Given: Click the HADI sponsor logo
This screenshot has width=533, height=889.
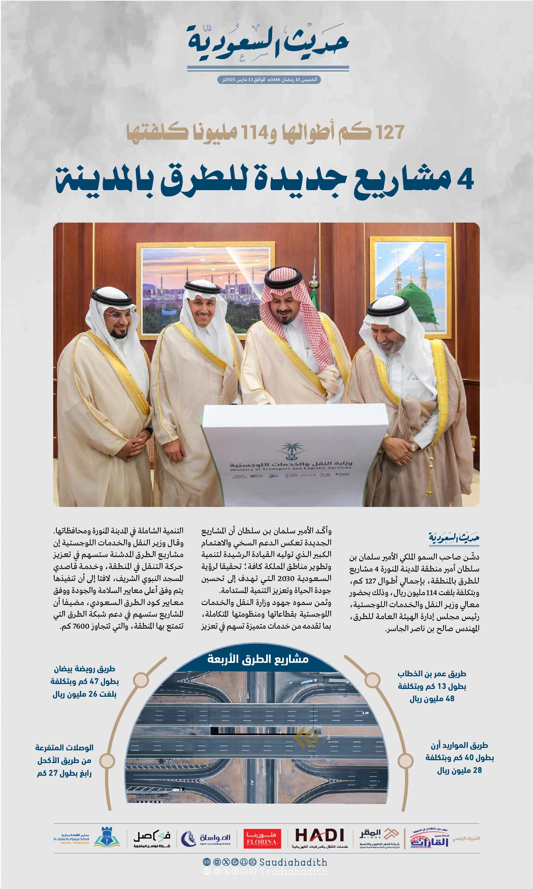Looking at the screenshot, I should click(x=319, y=837).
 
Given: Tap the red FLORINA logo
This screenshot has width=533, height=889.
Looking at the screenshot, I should click(x=262, y=838).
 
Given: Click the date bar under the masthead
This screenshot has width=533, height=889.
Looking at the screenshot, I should click(x=269, y=79).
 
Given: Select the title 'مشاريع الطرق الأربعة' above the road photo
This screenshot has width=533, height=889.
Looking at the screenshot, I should click(x=258, y=659).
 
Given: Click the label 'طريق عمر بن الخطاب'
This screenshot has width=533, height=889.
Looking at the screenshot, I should click(x=432, y=674).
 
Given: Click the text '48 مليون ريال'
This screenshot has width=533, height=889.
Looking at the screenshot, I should click(x=432, y=698).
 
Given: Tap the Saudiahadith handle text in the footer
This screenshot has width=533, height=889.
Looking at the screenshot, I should click(x=293, y=862).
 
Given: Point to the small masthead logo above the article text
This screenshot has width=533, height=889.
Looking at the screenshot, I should click(x=454, y=538).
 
